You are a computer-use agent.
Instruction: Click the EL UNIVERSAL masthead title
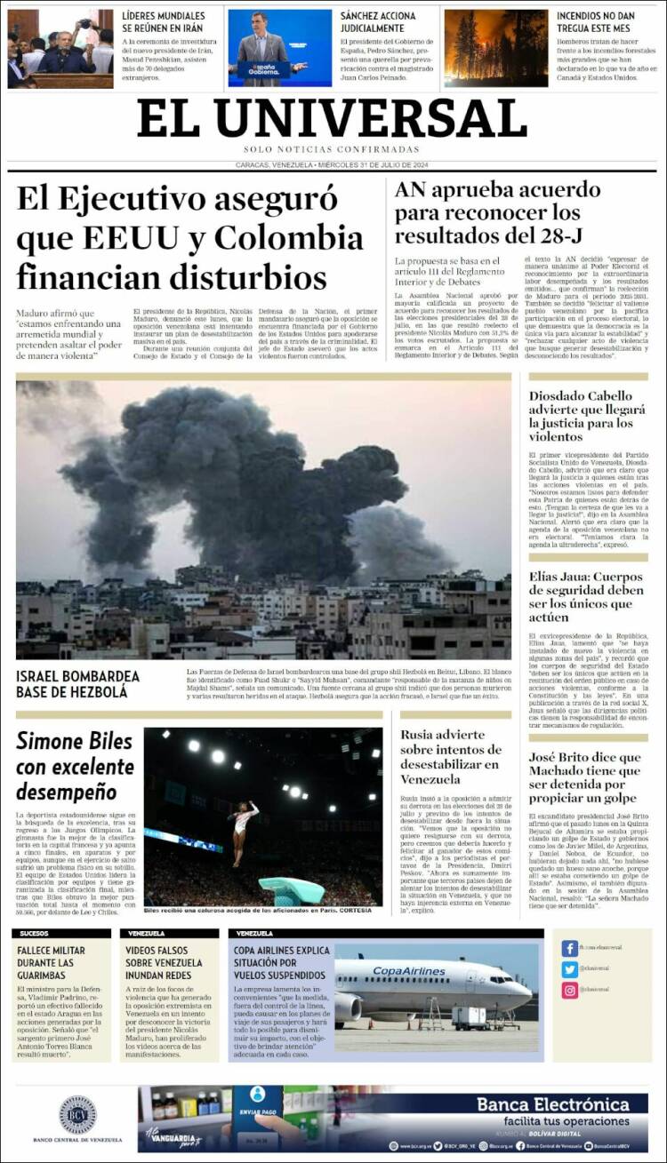coord(332,118)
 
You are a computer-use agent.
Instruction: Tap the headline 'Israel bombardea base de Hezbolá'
coord(77,684)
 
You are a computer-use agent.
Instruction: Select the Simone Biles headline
coord(75,766)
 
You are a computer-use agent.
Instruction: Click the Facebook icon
coord(570,948)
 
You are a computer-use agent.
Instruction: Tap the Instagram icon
coord(570,990)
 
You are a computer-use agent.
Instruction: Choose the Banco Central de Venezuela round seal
coord(77,1115)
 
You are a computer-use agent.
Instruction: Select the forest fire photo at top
coord(495,48)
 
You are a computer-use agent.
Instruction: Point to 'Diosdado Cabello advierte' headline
coord(587,416)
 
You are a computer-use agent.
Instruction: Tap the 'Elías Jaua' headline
coord(586,596)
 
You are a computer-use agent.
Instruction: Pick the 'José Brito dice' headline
coord(584,777)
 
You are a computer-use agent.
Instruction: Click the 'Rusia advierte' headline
coord(450,757)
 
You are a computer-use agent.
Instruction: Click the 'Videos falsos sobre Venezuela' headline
coord(165,963)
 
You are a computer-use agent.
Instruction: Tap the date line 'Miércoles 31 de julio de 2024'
coord(374,164)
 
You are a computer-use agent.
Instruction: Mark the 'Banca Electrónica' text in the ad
coord(565,1104)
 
